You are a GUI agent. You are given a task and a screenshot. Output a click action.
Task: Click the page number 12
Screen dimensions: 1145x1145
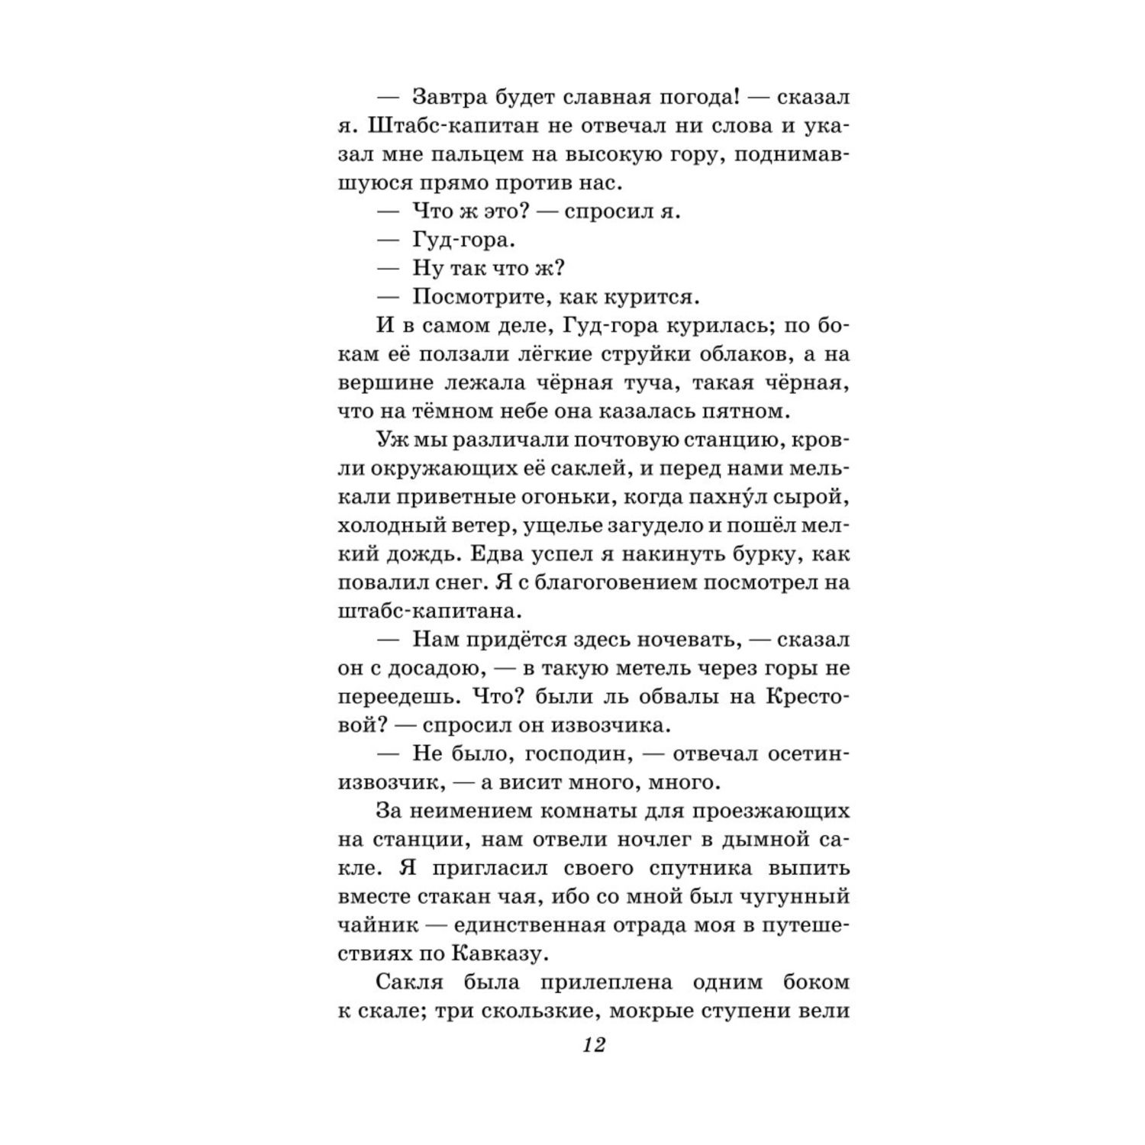point(593,1045)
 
